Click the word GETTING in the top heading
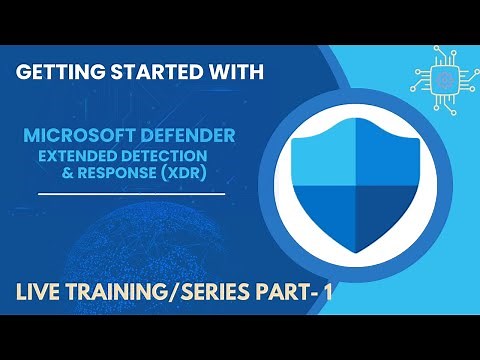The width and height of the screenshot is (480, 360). tap(62, 73)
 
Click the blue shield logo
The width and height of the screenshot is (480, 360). tap(349, 184)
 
